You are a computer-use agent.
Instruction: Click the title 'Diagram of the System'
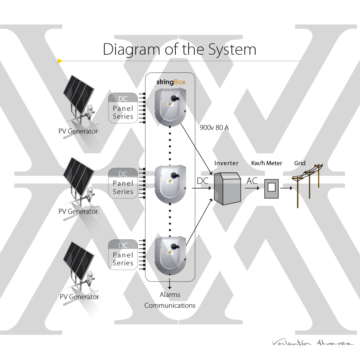(179, 49)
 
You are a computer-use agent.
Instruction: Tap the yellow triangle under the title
(60, 61)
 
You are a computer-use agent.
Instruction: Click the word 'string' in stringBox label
(165, 82)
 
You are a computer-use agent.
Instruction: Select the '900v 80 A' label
(214, 127)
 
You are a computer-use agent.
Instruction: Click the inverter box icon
(227, 188)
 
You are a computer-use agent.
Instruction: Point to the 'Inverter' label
(226, 163)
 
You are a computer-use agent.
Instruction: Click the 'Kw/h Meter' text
(266, 163)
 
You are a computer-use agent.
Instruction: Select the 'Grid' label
(300, 163)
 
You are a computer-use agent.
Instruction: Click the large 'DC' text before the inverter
(203, 181)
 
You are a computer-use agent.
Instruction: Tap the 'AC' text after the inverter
(252, 181)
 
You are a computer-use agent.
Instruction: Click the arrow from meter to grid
(286, 188)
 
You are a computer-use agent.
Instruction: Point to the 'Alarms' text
(170, 294)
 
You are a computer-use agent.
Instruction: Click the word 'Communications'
(170, 306)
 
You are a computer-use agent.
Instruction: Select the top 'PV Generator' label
(78, 131)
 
